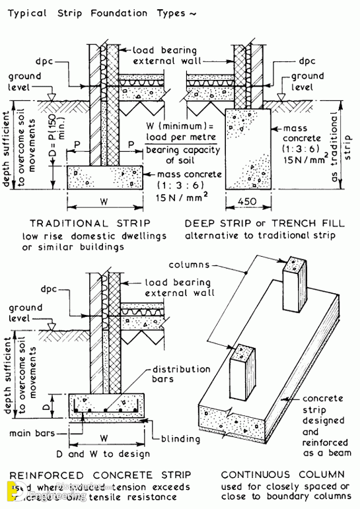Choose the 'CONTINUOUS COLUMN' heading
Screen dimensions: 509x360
(283, 475)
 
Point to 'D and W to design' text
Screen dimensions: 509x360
(109, 454)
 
